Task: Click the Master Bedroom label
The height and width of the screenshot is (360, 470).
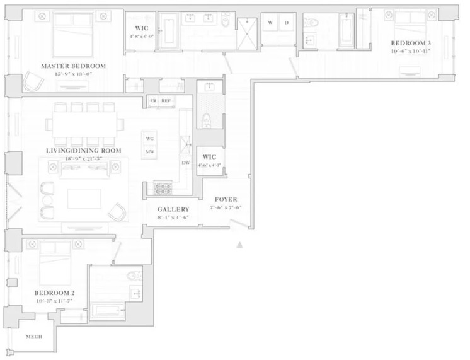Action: [73, 66]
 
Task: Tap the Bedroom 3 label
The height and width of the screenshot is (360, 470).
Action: [410, 43]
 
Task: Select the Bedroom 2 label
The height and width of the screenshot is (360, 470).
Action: [55, 293]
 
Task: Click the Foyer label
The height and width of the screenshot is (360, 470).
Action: [226, 199]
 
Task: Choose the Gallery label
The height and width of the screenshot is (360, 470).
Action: [173, 209]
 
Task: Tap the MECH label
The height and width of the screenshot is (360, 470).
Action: [34, 337]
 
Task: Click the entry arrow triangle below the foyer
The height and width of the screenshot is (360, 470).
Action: [239, 245]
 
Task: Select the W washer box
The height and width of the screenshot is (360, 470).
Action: [270, 23]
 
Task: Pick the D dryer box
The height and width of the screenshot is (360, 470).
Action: [287, 23]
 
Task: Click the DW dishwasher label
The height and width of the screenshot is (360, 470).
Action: [186, 163]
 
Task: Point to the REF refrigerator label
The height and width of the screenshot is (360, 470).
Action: [166, 100]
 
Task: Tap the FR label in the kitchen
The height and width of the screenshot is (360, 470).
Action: [153, 100]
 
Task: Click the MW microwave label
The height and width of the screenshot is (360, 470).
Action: [150, 151]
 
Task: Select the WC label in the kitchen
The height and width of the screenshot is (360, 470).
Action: [150, 139]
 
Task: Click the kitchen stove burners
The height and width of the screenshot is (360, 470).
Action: [163, 187]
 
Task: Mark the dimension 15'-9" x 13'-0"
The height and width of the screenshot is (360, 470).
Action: [73, 74]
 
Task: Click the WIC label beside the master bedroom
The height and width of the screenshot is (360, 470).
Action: [141, 28]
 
